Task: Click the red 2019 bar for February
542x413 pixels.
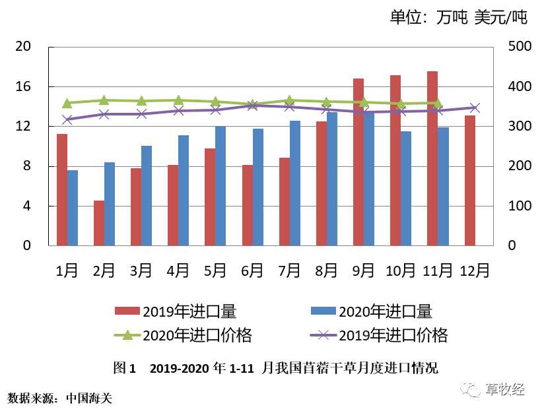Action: (99, 223)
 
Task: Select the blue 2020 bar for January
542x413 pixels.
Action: (73, 208)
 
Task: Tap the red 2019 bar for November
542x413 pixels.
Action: (432, 158)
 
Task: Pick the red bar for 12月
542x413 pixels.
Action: (469, 180)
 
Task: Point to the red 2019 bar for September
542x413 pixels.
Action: (358, 162)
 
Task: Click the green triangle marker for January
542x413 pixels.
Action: (67, 103)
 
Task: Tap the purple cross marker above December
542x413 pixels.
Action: (475, 108)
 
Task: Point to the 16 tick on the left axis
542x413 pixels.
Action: (24, 87)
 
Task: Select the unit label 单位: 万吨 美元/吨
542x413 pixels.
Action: (458, 18)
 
